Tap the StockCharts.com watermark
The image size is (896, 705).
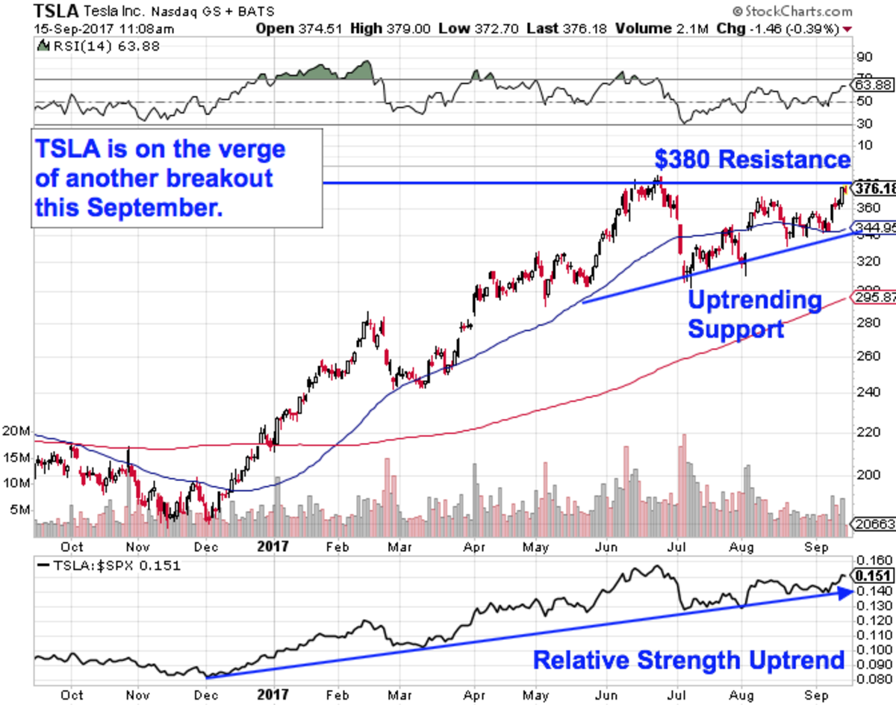[792, 11]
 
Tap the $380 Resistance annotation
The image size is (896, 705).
[752, 160]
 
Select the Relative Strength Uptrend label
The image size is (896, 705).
[688, 660]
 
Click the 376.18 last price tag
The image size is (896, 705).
[874, 188]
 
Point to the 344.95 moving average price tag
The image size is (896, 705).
[874, 226]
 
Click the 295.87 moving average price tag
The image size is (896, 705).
[874, 297]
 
